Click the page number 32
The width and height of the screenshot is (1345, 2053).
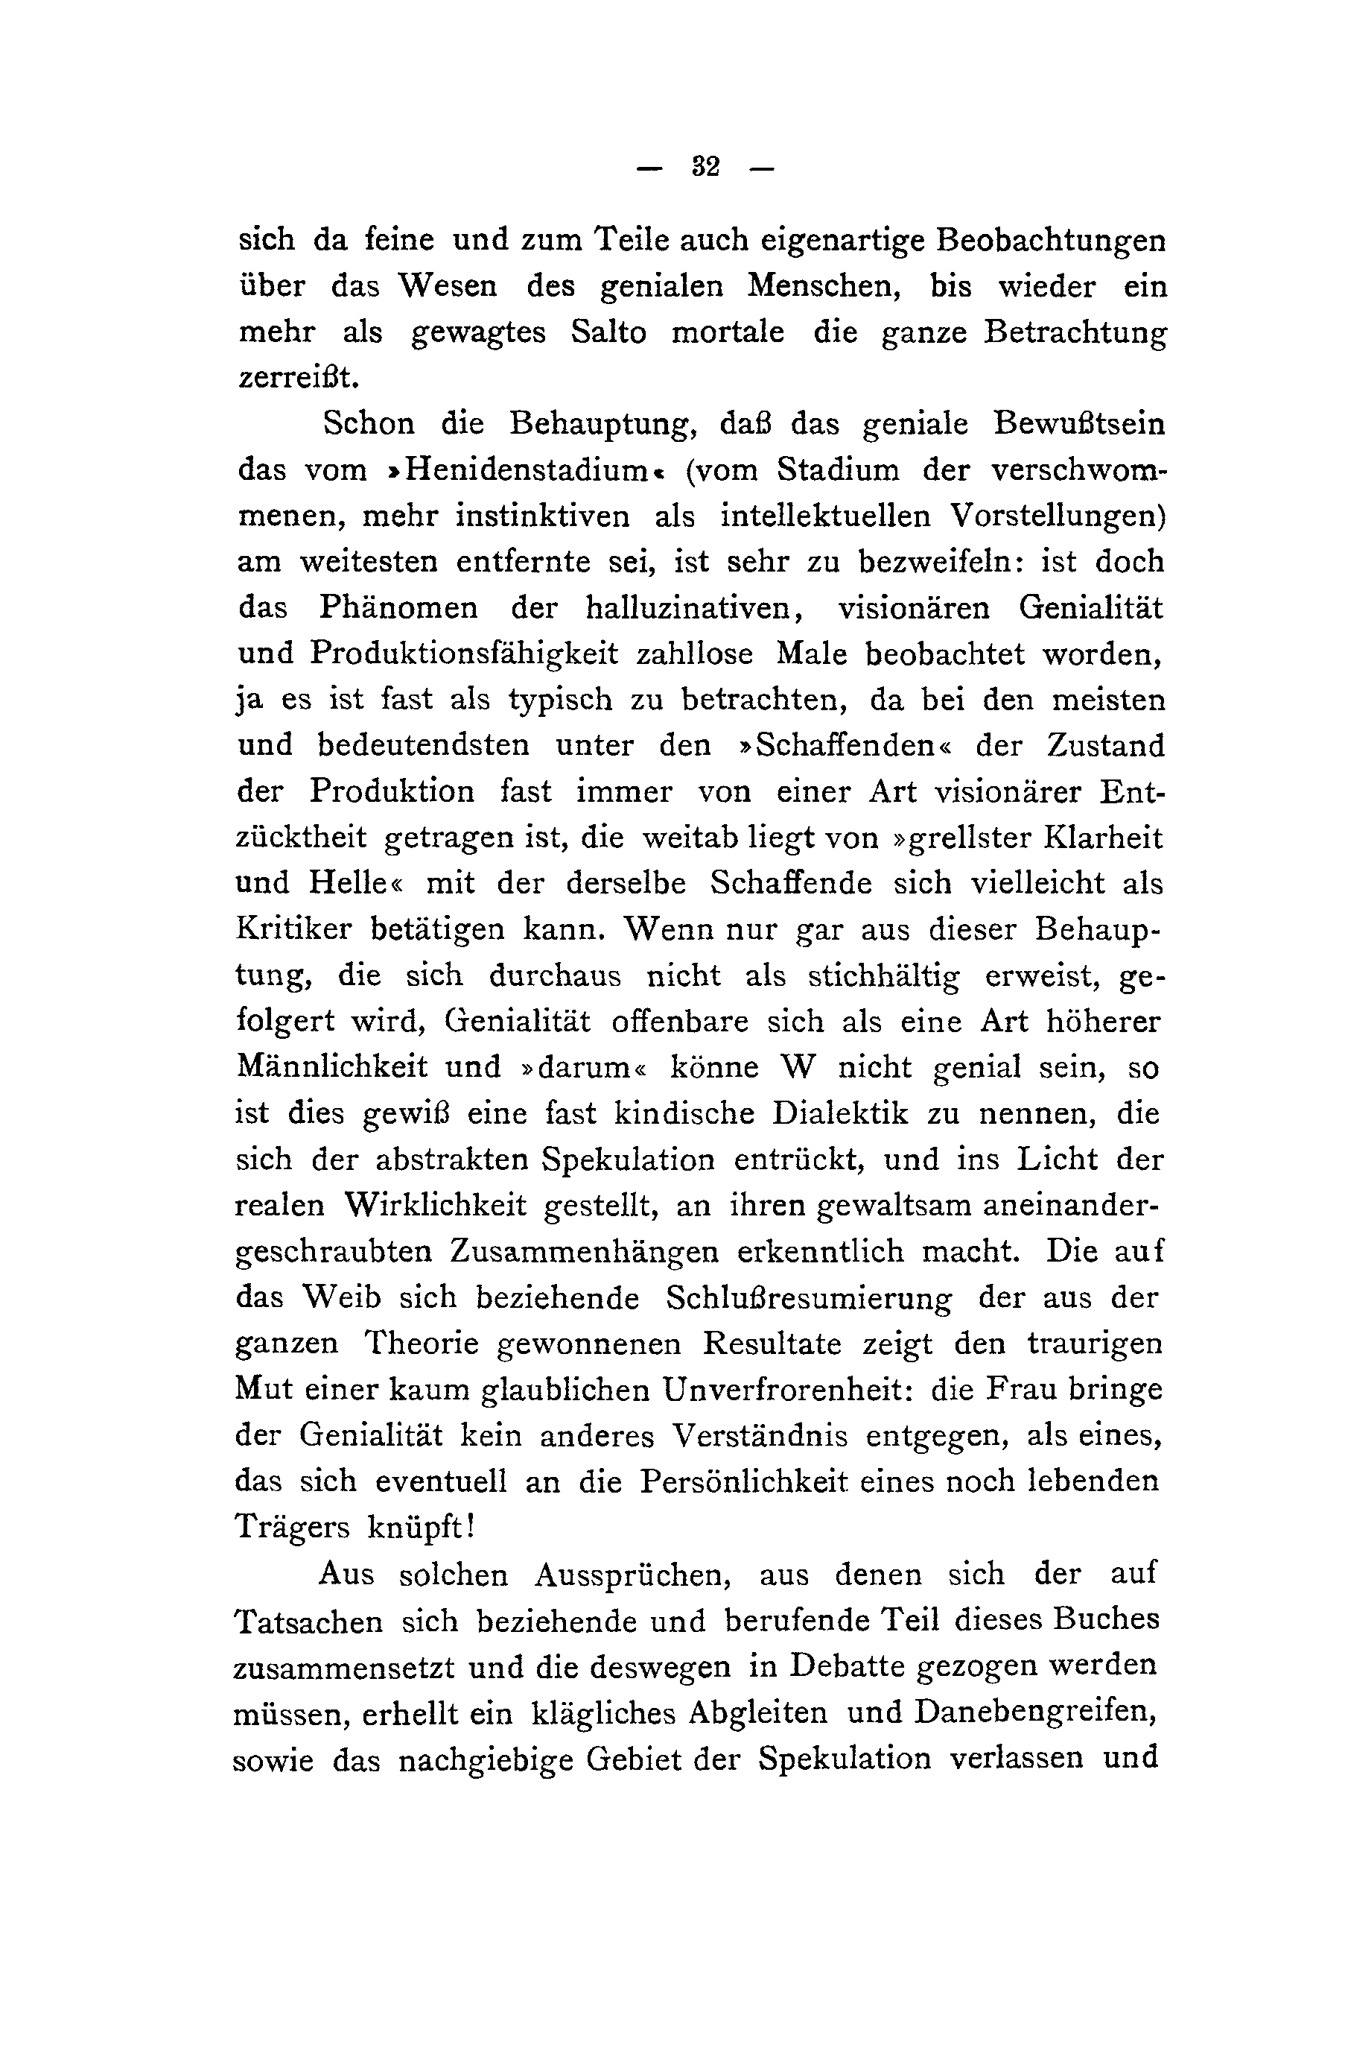705,166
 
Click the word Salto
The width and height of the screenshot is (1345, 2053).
608,333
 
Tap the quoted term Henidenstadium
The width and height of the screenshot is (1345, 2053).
529,470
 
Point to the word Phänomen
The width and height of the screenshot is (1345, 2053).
398,607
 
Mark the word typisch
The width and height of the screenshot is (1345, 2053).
559,699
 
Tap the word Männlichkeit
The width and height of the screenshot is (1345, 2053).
331,1067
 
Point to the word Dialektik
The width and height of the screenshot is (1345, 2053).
840,1113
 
